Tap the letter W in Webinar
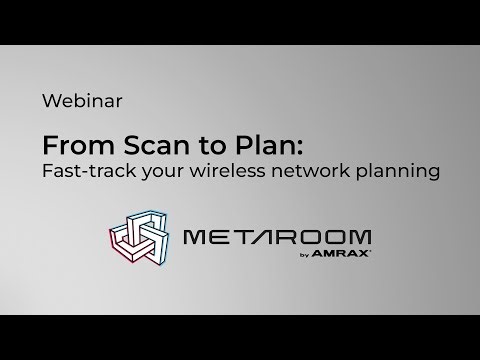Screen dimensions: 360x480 [x=51, y=100]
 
